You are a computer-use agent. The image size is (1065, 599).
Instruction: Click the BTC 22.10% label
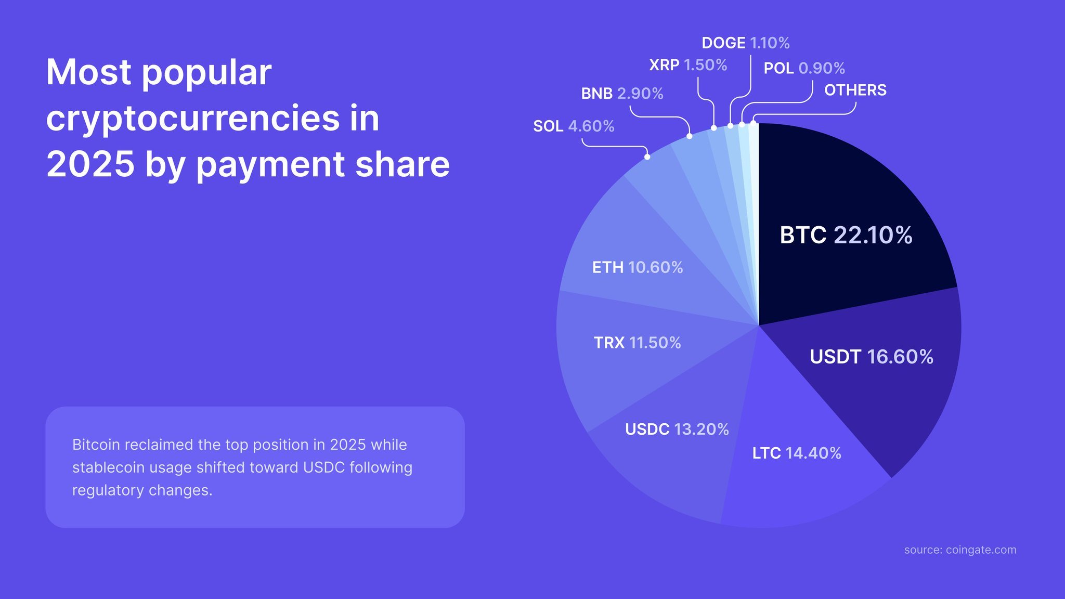tap(846, 235)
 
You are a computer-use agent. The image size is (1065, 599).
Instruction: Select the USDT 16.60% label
tap(871, 357)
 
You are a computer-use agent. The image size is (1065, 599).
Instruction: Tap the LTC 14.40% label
tap(797, 453)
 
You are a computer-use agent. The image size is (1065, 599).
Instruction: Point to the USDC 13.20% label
tap(677, 429)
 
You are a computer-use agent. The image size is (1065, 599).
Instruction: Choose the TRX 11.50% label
tap(637, 343)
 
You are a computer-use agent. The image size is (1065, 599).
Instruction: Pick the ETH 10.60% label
tap(637, 267)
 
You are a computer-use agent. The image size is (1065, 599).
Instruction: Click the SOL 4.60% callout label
tap(574, 126)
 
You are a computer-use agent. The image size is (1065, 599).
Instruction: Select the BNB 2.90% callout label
tap(622, 94)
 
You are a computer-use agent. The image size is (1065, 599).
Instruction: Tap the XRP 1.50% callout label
tap(688, 65)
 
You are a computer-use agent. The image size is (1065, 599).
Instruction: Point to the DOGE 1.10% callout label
tap(745, 43)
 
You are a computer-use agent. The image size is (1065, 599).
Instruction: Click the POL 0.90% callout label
tap(804, 68)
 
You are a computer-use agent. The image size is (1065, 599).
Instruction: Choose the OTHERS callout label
tap(855, 90)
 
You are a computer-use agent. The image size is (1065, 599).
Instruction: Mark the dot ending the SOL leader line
tap(647, 157)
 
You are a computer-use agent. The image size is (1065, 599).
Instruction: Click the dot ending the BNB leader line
tap(690, 136)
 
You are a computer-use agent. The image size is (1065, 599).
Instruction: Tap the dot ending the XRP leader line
tap(714, 128)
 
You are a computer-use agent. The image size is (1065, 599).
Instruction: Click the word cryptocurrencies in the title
tap(192, 119)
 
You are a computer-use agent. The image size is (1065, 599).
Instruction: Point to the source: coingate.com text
tap(960, 550)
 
